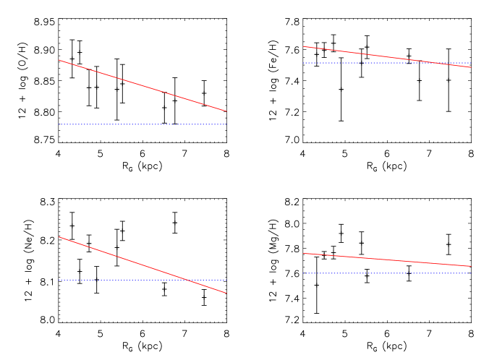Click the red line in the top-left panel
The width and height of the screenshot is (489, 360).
(143, 86)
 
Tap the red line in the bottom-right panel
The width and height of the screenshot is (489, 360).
(387, 260)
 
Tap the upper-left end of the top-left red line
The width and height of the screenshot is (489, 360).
(59, 60)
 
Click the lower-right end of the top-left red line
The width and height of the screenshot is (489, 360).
(226, 111)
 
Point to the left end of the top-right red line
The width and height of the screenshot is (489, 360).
(303, 46)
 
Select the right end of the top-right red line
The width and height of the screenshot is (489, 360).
(471, 67)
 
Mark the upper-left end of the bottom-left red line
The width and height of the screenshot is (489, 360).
(59, 236)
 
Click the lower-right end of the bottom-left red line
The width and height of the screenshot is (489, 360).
(226, 293)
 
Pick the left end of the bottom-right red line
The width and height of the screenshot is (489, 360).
(303, 253)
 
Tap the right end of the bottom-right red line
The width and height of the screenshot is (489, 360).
(471, 266)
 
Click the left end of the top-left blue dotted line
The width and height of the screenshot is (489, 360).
(59, 124)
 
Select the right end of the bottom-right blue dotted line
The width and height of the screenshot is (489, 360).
(471, 273)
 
